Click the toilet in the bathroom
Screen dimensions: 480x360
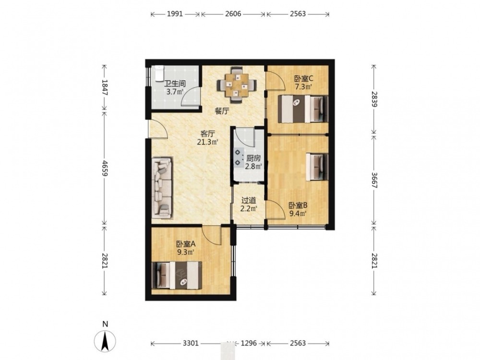pyautogui.click(x=159, y=73)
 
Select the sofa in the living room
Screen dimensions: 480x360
pyautogui.click(x=162, y=188)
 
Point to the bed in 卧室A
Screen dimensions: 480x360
pyautogui.click(x=177, y=275)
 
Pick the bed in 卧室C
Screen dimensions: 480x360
pyautogui.click(x=303, y=109)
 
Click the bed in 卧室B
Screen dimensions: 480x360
pyautogui.click(x=317, y=167)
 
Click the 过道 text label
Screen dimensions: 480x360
pyautogui.click(x=249, y=201)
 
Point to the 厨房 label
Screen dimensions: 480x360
pyautogui.click(x=253, y=158)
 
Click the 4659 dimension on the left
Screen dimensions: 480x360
pyautogui.click(x=105, y=168)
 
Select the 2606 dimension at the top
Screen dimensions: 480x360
pyautogui.click(x=233, y=14)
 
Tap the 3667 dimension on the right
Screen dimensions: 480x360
pyautogui.click(x=374, y=180)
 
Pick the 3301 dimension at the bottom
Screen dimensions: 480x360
pyautogui.click(x=191, y=343)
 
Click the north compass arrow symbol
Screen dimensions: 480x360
pyautogui.click(x=105, y=341)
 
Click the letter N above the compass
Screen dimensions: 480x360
pyautogui.click(x=105, y=324)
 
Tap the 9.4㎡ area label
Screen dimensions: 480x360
pyautogui.click(x=298, y=214)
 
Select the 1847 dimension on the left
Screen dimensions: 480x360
pyautogui.click(x=105, y=87)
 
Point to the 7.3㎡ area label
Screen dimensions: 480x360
pyautogui.click(x=303, y=86)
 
